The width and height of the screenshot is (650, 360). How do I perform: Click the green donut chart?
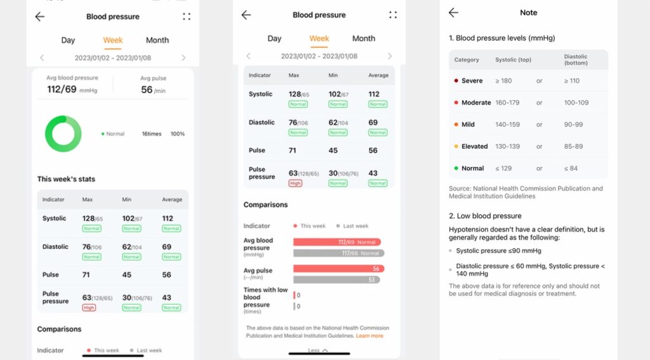[63, 134]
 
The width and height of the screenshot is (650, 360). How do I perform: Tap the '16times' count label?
[152, 134]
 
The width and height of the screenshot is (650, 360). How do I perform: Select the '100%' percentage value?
[178, 134]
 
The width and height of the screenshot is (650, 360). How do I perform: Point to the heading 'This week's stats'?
[66, 179]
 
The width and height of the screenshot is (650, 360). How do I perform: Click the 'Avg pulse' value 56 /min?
[152, 90]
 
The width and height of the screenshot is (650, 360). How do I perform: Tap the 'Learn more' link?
[369, 335]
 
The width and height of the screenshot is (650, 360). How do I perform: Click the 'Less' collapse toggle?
[318, 350]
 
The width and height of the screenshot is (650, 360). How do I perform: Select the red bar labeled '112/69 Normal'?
[337, 242]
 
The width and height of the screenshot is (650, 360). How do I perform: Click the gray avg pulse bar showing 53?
[336, 279]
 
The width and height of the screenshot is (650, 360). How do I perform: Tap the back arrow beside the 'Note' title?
[453, 13]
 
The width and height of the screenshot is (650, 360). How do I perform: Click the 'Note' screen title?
[528, 13]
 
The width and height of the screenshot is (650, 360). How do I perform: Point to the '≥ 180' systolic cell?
[504, 81]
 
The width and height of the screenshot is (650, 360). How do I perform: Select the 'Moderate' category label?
[476, 102]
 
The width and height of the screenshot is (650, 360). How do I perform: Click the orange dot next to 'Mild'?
[456, 124]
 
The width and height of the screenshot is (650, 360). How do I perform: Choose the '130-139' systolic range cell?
[507, 146]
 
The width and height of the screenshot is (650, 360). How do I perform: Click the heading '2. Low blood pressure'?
[485, 216]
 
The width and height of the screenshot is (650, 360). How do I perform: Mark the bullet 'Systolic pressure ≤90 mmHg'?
[498, 251]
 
